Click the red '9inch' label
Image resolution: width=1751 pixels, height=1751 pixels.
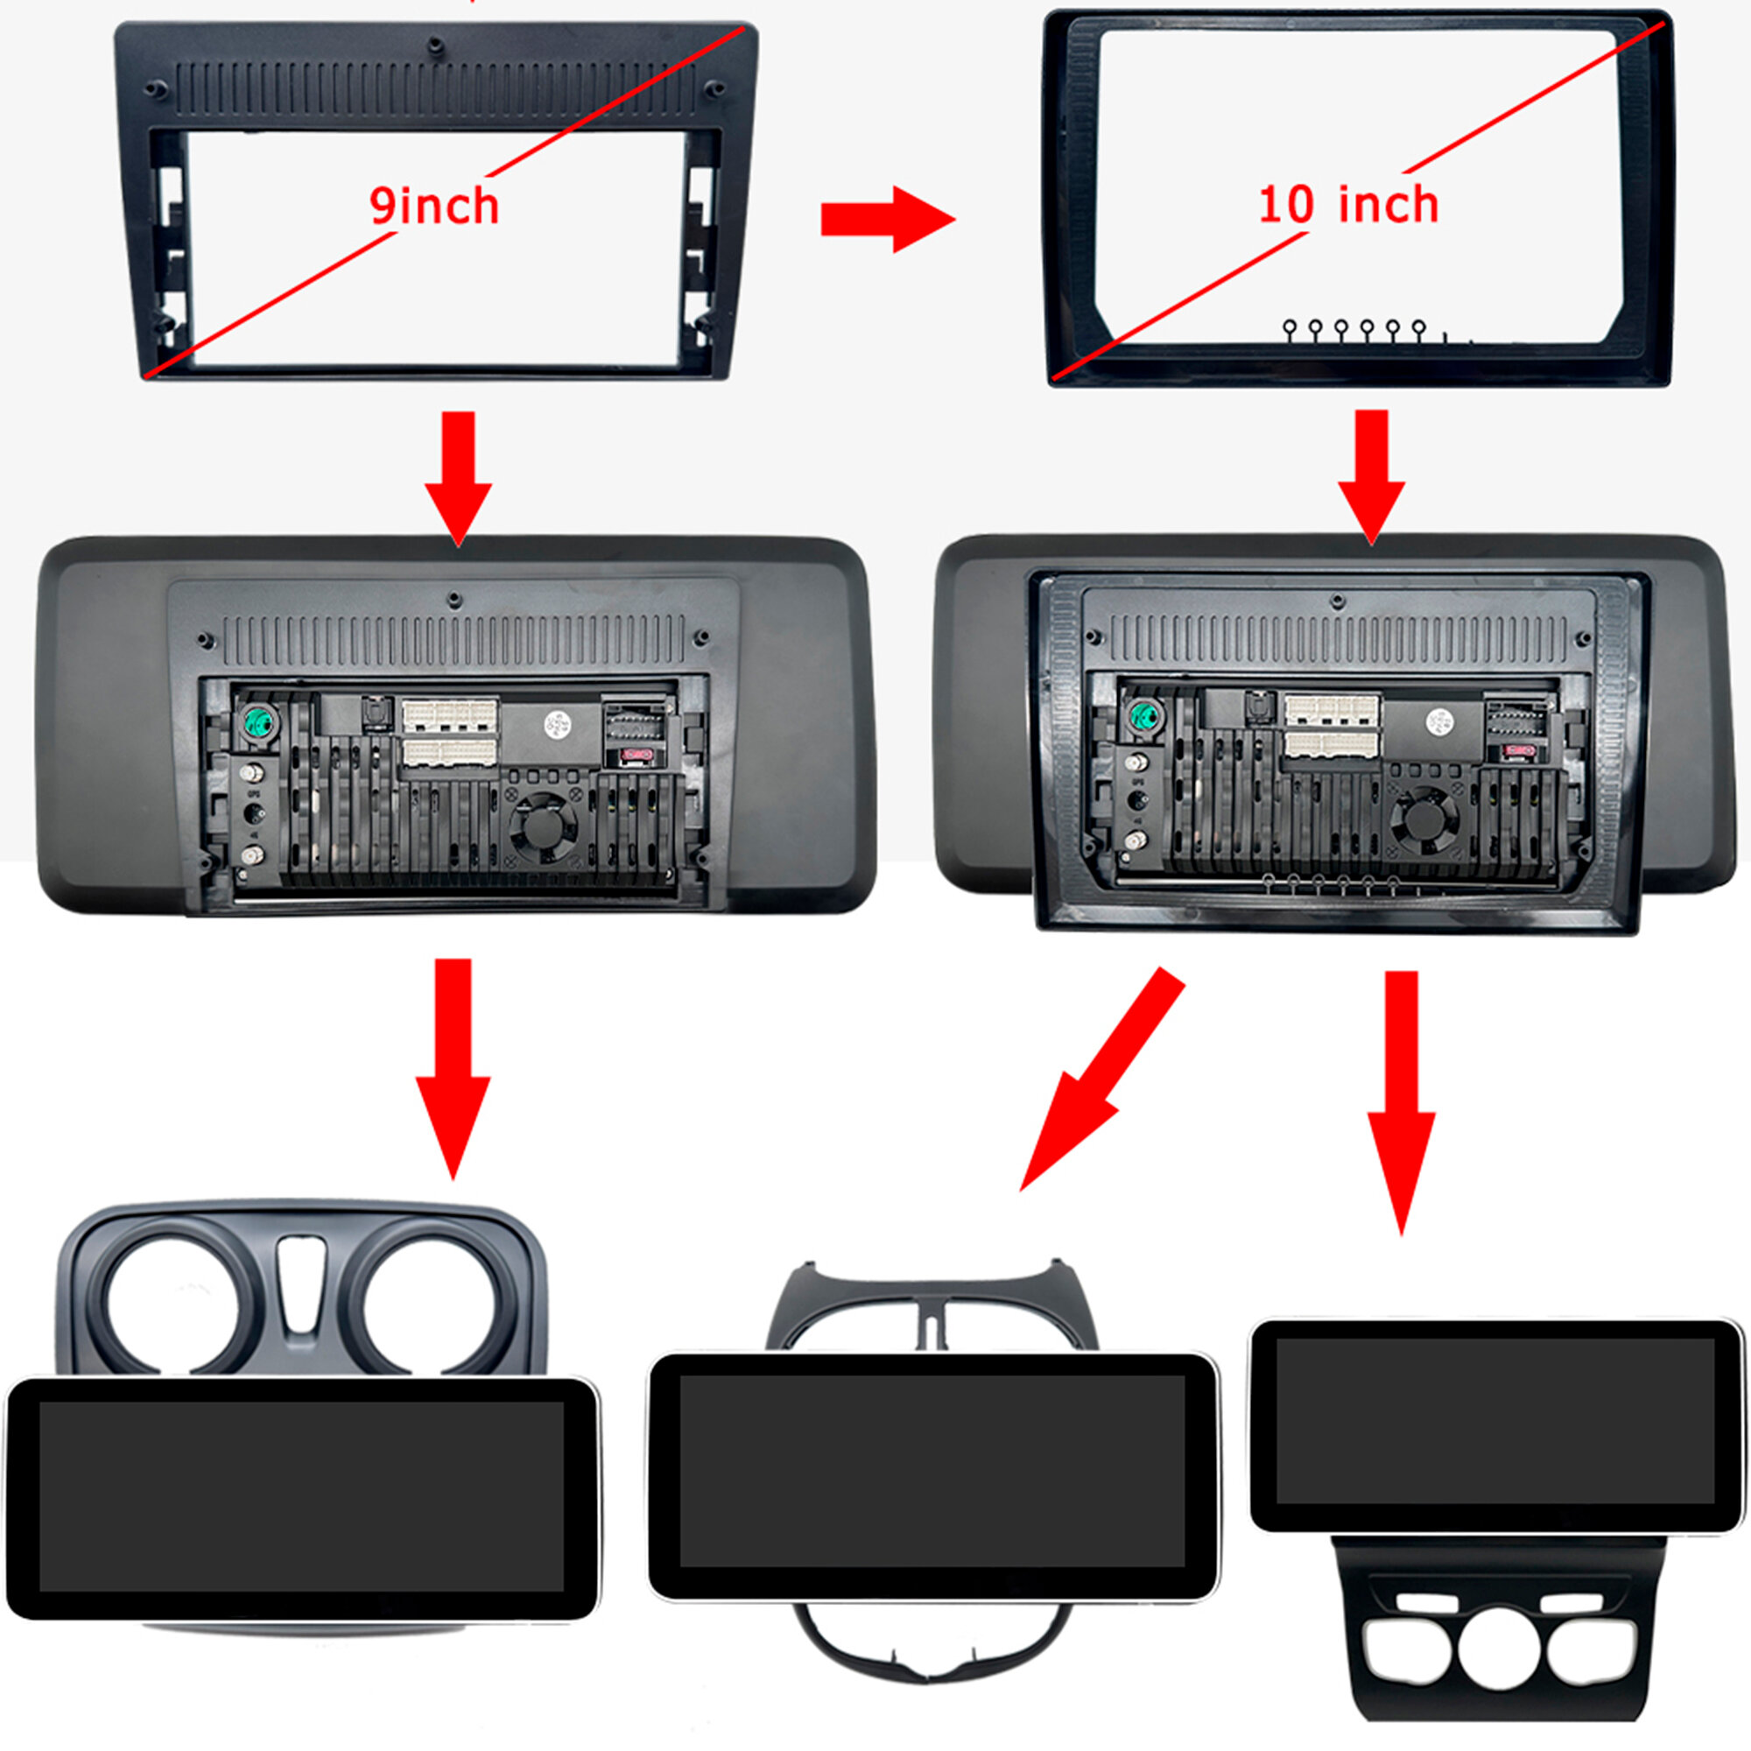[x=434, y=207]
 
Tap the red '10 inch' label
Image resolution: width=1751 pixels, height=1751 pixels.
[x=1347, y=205]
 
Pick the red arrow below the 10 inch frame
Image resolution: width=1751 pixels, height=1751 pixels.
[x=1371, y=475]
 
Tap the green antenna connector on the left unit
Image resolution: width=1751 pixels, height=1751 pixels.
[x=257, y=722]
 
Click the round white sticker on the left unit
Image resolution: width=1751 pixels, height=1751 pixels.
[x=555, y=724]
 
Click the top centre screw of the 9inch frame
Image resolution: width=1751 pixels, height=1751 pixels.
[x=436, y=44]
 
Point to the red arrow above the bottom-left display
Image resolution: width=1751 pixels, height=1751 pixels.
[x=454, y=1070]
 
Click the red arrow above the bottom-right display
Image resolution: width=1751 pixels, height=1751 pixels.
[x=1401, y=1101]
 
